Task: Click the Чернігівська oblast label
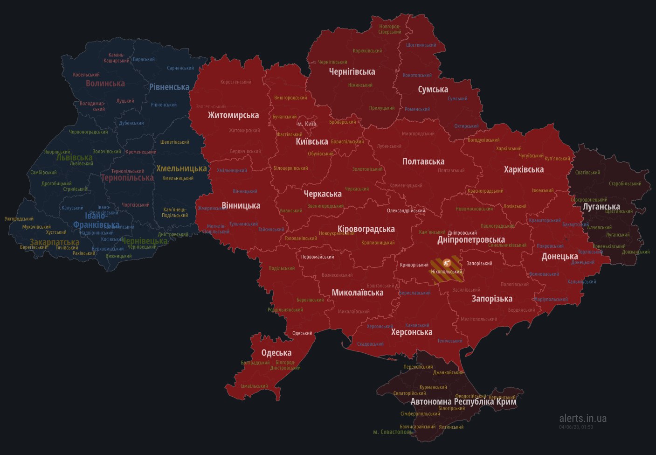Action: pyautogui.click(x=352, y=71)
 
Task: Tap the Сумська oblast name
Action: pyautogui.click(x=433, y=89)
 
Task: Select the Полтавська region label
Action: pyautogui.click(x=423, y=161)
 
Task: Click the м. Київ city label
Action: pyautogui.click(x=307, y=124)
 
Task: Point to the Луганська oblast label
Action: pyautogui.click(x=601, y=206)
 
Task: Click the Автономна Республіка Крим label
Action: pyautogui.click(x=463, y=401)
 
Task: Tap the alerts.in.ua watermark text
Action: pyautogui.click(x=583, y=418)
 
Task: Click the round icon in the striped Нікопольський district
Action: pyautogui.click(x=447, y=262)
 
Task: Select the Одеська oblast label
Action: pyautogui.click(x=276, y=353)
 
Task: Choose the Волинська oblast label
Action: pyautogui.click(x=105, y=83)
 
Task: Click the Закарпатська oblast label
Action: pyautogui.click(x=55, y=242)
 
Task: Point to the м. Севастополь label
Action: pyautogui.click(x=393, y=432)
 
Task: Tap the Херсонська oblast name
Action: pyautogui.click(x=412, y=332)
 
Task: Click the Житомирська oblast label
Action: pyautogui.click(x=233, y=115)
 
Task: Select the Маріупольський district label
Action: pyautogui.click(x=551, y=299)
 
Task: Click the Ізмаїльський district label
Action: pyautogui.click(x=254, y=386)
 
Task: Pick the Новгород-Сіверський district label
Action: pyautogui.click(x=390, y=29)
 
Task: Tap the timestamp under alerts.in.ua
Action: pyautogui.click(x=576, y=427)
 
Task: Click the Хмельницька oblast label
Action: pyautogui.click(x=181, y=168)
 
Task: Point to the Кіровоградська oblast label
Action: pyautogui.click(x=366, y=229)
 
